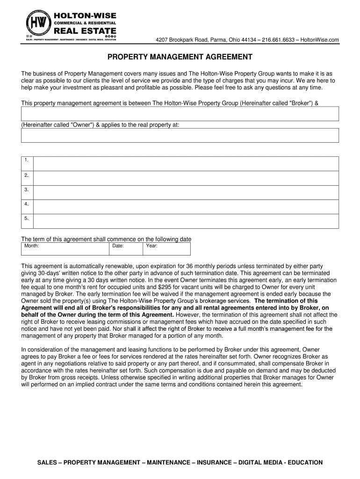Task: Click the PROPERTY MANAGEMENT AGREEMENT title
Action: click(x=180, y=57)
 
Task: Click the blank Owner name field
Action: click(x=180, y=114)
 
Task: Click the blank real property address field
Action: click(x=180, y=135)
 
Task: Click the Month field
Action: click(x=65, y=249)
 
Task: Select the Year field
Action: click(x=166, y=249)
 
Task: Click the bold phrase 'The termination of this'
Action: click(x=286, y=301)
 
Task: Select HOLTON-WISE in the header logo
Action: click(x=85, y=15)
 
